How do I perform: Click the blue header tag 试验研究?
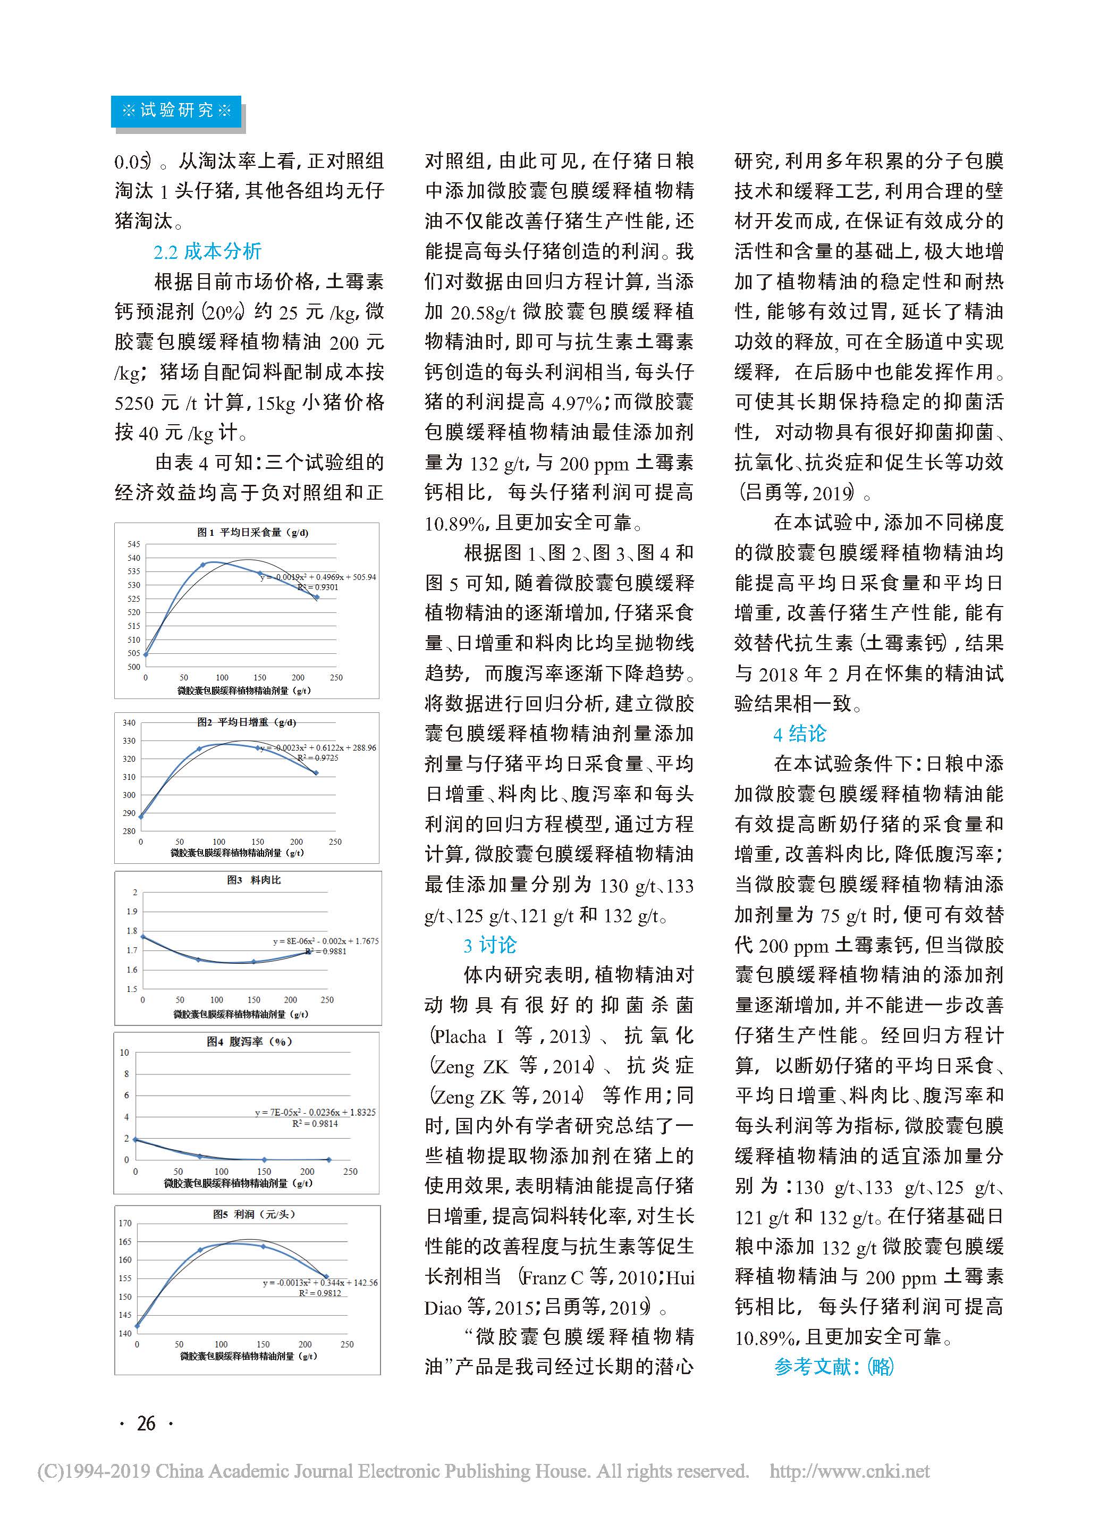[176, 110]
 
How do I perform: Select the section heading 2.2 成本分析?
[207, 251]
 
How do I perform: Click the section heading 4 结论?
[800, 734]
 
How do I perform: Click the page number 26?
[146, 1423]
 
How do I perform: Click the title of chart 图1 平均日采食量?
[252, 533]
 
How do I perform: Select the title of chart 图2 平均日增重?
[247, 722]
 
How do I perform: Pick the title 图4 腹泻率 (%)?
[249, 1041]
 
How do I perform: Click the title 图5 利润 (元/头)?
[254, 1214]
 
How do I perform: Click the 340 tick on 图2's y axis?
[129, 722]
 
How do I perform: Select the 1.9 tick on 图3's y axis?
[132, 912]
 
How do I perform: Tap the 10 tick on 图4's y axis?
[124, 1052]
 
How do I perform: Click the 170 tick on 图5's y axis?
[125, 1223]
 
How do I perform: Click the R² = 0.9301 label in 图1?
[317, 587]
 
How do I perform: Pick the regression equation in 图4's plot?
[315, 1112]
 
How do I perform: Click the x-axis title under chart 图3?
[241, 1014]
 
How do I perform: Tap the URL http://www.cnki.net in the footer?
[849, 1470]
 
